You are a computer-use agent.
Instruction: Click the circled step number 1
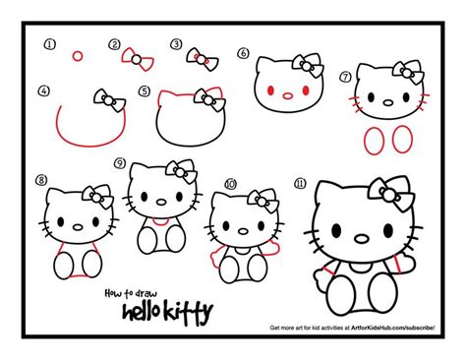50,44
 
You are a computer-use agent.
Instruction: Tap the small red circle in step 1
77,56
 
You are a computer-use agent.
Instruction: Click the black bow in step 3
197,55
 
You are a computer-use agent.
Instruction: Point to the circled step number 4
43,90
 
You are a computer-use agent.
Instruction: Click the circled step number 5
144,90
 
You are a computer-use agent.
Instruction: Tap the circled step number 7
344,76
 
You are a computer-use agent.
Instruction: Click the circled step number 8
41,180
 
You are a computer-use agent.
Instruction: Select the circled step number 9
119,163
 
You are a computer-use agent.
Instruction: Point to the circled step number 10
230,183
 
